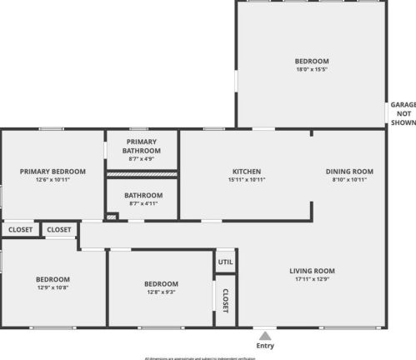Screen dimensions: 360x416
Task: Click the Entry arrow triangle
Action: point(264,335)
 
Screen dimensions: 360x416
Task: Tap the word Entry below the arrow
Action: point(264,346)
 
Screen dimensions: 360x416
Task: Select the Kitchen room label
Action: point(247,172)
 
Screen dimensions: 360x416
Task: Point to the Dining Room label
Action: point(348,172)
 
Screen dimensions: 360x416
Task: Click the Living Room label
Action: point(312,271)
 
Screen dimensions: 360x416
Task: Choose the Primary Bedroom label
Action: point(53,172)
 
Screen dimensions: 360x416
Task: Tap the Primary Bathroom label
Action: point(141,146)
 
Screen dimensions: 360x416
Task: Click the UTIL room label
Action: point(226,262)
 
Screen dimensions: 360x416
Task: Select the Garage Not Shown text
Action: point(403,113)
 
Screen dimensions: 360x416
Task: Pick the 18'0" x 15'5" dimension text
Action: point(312,70)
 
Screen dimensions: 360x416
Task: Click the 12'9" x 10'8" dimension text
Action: point(53,287)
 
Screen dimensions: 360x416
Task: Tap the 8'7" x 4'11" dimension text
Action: point(141,202)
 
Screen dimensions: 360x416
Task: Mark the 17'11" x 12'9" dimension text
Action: point(312,279)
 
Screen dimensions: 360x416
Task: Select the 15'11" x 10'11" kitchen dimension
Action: point(247,180)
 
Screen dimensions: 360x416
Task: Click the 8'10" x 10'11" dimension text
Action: point(348,180)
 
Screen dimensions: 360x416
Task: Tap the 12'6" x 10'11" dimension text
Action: point(53,180)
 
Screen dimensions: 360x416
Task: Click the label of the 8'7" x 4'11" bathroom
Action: point(141,195)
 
